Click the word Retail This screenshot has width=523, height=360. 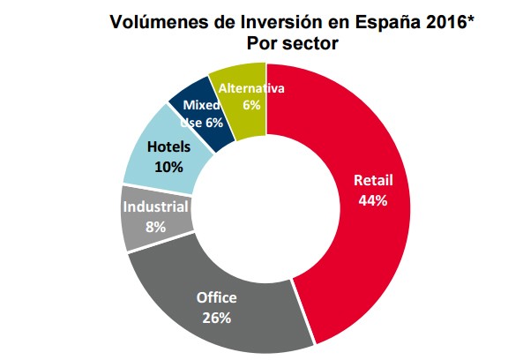[x=373, y=180]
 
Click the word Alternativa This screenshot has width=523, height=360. [x=251, y=88]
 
